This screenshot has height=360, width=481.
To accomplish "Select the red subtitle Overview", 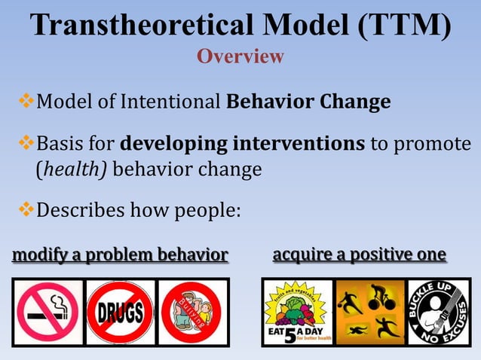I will [x=240, y=56].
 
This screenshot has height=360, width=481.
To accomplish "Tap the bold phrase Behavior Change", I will [x=308, y=101].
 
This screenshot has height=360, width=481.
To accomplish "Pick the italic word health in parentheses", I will [x=63, y=169].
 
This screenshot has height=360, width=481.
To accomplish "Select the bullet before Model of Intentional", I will [x=23, y=100].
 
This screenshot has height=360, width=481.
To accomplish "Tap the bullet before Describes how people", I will [x=23, y=211].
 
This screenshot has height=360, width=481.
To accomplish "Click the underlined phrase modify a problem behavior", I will [x=120, y=256].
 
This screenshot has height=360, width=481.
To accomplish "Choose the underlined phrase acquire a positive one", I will [x=359, y=255].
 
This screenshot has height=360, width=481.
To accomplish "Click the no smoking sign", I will [x=47, y=311].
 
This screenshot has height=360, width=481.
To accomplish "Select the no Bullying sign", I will [x=191, y=311].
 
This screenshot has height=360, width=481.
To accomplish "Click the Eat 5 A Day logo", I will [x=296, y=312].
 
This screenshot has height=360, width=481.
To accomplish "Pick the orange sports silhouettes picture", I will [x=369, y=312].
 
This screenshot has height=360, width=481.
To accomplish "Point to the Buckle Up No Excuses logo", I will [x=439, y=312].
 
